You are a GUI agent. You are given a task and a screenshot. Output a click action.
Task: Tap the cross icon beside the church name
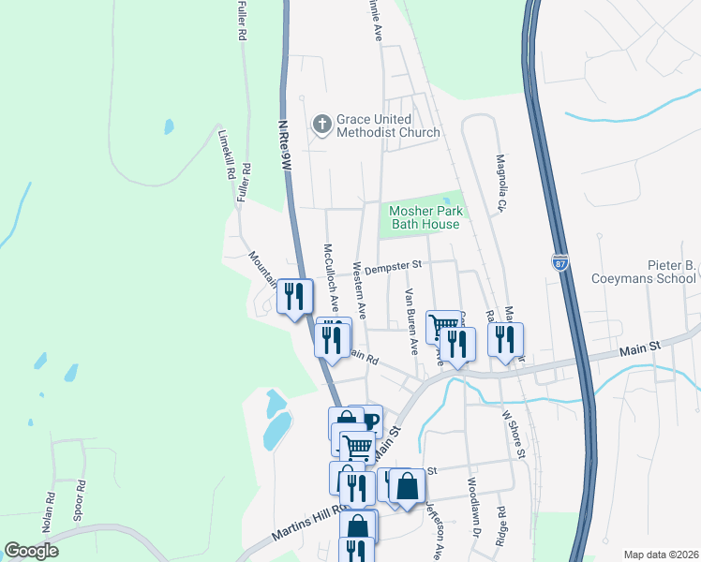tap(321, 123)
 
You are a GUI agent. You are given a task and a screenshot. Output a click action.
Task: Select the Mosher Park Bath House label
tap(425, 217)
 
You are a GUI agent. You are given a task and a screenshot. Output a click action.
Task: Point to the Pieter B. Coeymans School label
tap(644, 272)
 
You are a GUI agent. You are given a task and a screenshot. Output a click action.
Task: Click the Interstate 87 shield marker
tap(560, 262)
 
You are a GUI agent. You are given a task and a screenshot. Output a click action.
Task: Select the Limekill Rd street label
tap(225, 153)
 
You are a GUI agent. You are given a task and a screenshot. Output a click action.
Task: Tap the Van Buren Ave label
tap(410, 321)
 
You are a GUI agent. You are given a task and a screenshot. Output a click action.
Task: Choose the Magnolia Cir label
tap(501, 184)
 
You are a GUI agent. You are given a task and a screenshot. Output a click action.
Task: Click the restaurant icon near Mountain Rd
tap(295, 297)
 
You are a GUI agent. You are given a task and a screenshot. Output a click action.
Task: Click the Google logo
tap(31, 551)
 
